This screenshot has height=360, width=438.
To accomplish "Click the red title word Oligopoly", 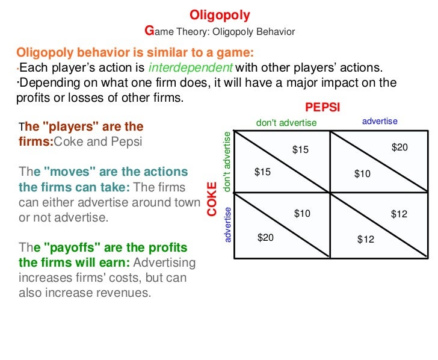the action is tap(220, 14).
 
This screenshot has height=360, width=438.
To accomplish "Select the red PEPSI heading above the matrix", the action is tap(322, 108).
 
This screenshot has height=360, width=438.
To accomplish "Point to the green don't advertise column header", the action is tap(286, 123).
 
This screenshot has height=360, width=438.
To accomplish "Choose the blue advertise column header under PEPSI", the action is tap(380, 122).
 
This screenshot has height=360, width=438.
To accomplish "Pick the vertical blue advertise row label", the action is tap(227, 225).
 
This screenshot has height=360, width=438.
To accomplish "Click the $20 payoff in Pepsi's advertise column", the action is tap(399, 147).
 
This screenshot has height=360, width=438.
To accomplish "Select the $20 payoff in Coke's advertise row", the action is tap(265, 238).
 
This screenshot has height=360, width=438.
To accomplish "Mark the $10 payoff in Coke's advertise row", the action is tap(302, 213).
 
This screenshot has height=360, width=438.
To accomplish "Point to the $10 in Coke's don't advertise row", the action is tap(363, 174).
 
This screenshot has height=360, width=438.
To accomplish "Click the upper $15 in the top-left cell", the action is tap(300, 149).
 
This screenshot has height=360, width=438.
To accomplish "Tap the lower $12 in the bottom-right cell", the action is tap(365, 239).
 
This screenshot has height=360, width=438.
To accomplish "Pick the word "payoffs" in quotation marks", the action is tap(71, 248).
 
